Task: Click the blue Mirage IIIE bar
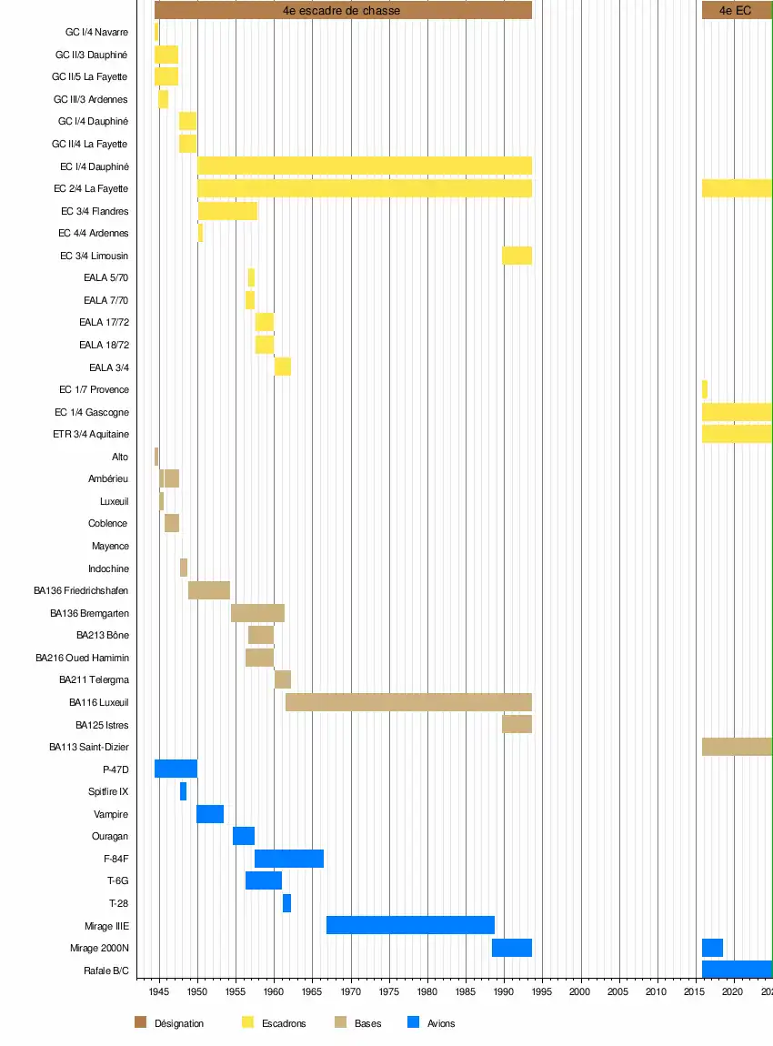click(410, 925)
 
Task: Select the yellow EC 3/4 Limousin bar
click(517, 256)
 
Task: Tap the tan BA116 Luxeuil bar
click(408, 702)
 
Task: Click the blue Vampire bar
click(210, 814)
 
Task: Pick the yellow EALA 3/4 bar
click(283, 367)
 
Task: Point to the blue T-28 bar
click(286, 903)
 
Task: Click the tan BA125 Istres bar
click(517, 724)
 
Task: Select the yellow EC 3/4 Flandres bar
click(227, 211)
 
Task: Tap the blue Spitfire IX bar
click(183, 791)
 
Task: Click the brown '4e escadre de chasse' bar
click(343, 11)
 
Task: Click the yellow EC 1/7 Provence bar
click(705, 389)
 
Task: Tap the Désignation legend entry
click(178, 1023)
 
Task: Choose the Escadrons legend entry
click(284, 1023)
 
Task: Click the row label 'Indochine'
click(108, 568)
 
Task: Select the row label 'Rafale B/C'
click(106, 971)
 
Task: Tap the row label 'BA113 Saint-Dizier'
click(88, 747)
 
